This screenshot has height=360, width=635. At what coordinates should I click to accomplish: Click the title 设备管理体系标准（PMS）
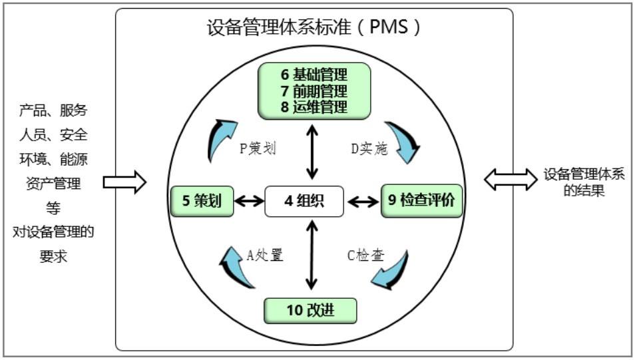coord(314,29)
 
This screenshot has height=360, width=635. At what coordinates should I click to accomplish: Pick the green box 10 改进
coord(310,310)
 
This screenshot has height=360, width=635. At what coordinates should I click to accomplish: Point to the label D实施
coord(369,148)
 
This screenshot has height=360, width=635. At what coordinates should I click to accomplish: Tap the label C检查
coord(366,255)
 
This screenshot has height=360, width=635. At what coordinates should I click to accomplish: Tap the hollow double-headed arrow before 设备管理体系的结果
coord(510,178)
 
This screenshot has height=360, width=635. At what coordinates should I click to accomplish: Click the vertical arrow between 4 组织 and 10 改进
coord(310,257)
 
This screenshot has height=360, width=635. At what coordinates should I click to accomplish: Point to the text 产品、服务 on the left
coord(53,110)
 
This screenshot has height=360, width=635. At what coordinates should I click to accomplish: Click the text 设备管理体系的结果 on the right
coord(584,183)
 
